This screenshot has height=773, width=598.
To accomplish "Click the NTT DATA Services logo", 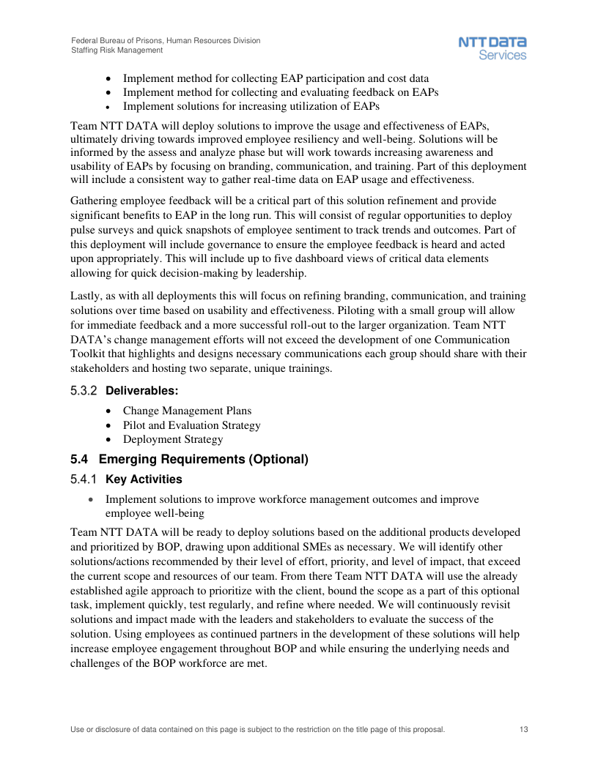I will [492, 48].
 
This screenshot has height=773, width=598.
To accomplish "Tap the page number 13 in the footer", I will [523, 730].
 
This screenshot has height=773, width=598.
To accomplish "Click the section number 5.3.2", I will [84, 391].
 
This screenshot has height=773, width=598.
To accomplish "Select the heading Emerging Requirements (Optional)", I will [203, 460].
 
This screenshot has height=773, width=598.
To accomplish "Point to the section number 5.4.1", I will [84, 479].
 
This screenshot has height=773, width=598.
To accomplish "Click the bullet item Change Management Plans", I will [187, 411].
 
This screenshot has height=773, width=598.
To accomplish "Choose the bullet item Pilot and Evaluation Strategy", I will [191, 425].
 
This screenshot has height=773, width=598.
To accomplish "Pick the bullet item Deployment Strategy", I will [173, 439].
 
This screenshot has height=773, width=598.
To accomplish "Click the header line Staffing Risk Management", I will [117, 50].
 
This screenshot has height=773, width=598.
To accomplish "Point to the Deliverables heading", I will [142, 391].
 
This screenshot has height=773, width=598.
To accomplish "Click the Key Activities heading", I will [144, 479].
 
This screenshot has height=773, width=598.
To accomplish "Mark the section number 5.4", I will [79, 460].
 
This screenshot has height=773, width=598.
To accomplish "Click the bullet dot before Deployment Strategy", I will [109, 440].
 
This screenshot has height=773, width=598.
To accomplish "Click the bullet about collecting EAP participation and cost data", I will [276, 78].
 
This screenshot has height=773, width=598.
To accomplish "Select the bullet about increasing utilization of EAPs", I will [251, 106].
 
